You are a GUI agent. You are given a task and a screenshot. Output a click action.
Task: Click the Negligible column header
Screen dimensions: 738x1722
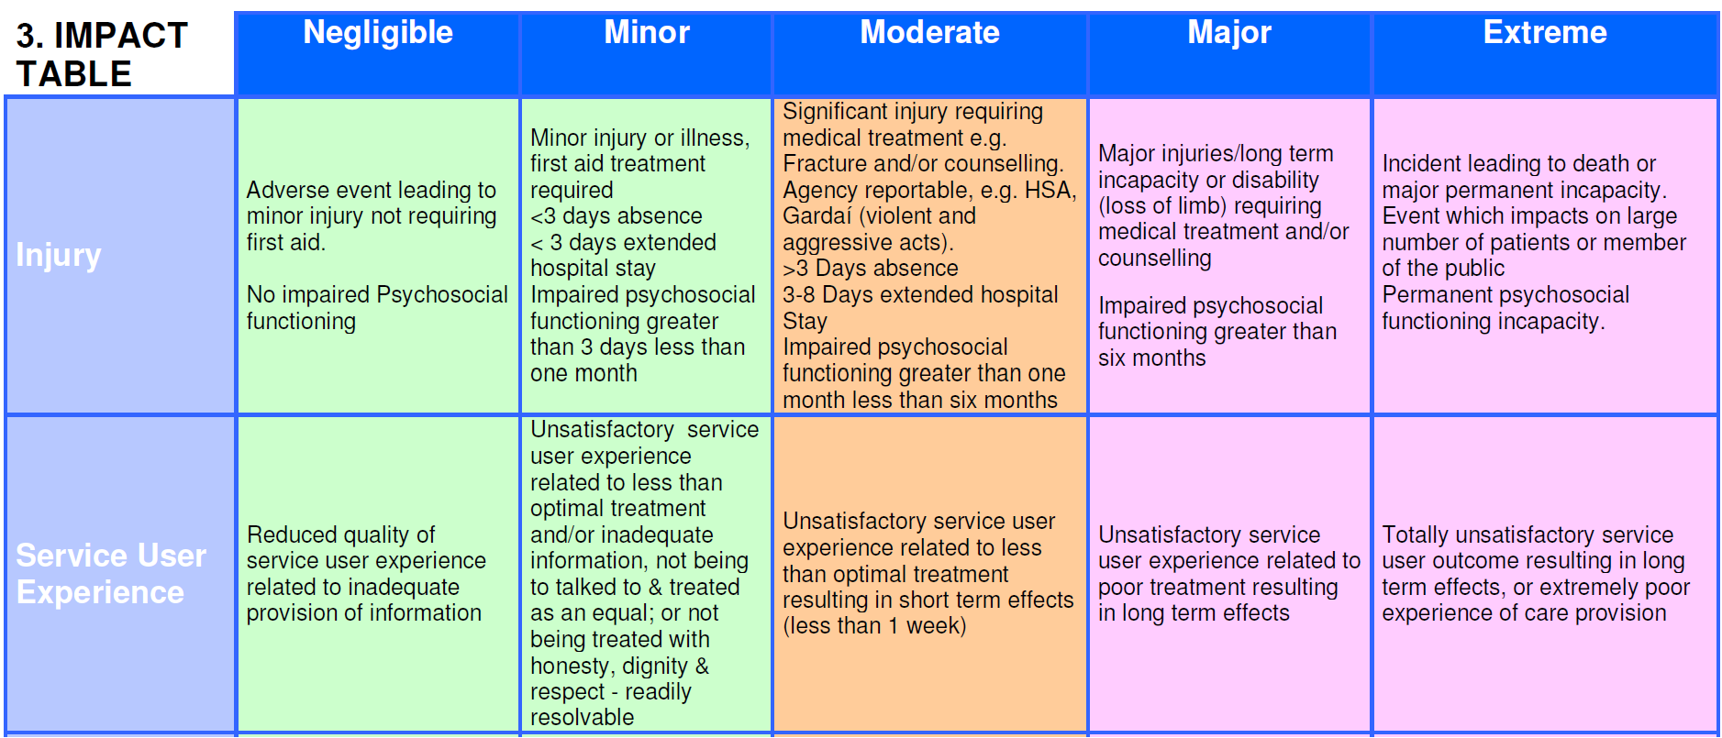pos(378,33)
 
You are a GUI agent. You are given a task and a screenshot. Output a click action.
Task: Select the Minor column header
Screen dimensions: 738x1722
pos(646,33)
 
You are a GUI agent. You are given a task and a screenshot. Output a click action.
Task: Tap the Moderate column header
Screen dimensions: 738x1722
pos(929,33)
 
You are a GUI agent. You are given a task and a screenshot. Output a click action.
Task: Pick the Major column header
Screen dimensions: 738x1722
pos(1229,33)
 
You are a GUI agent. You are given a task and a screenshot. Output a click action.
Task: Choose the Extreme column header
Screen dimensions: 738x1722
pos(1545,33)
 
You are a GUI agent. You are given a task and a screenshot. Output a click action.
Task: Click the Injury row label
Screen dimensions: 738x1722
pos(58,255)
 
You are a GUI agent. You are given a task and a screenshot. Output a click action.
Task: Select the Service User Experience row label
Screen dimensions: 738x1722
pos(110,574)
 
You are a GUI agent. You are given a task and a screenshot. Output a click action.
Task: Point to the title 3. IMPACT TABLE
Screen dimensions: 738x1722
pos(101,54)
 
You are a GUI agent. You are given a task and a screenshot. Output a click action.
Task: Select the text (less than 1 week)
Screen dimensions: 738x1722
pos(874,626)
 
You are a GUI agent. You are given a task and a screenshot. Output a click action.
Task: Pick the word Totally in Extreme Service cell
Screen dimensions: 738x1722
pos(1416,534)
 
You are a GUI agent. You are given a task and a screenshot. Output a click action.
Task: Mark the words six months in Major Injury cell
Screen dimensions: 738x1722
pos(1151,358)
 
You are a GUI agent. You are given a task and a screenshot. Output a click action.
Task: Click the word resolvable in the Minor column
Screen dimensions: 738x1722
pos(582,718)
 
